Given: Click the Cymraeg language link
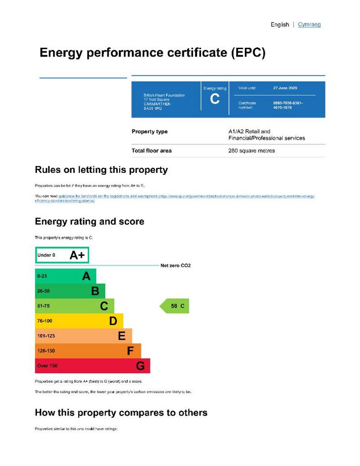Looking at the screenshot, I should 309,25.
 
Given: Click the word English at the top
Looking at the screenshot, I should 279,25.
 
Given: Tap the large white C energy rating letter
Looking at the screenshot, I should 215,99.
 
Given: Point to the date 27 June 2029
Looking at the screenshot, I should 285,88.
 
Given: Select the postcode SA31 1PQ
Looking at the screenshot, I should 152,109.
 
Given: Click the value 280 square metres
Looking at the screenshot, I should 251,151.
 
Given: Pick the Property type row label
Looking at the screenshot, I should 149,132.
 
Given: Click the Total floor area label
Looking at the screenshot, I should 152,151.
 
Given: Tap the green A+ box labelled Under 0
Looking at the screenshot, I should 62,255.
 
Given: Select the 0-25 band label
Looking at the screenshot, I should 42,276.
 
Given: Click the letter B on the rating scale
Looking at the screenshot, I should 95,291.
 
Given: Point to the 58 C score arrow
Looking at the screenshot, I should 175,306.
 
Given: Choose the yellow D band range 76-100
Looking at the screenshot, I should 44,321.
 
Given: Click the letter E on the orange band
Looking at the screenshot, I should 122,336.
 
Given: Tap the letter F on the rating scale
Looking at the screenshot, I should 130,351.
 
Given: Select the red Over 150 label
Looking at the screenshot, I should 47,366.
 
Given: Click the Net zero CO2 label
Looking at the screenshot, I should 175,265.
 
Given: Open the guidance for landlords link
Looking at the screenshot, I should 107,196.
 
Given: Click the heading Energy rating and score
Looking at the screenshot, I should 89,222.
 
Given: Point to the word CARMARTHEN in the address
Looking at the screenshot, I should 157,104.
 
